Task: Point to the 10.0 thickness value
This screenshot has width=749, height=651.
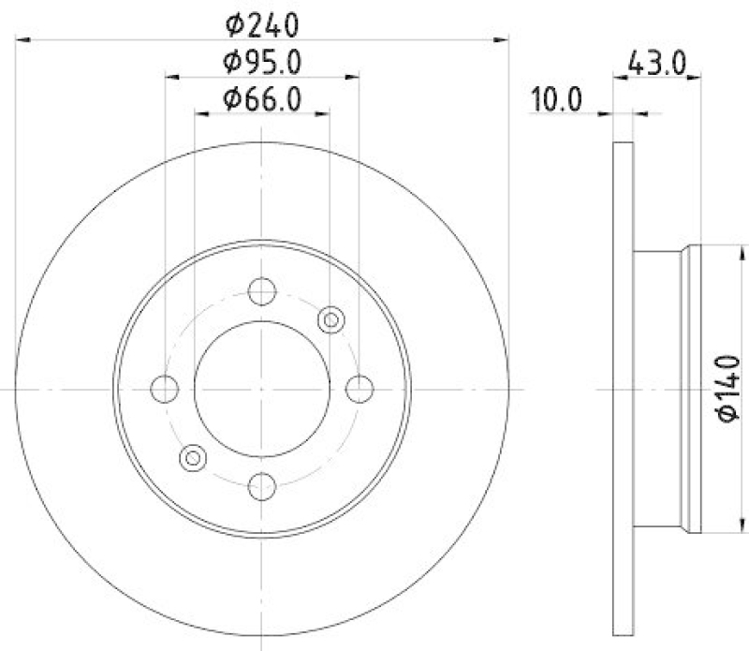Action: [x=556, y=97]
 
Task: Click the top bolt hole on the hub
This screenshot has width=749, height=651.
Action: [x=262, y=290]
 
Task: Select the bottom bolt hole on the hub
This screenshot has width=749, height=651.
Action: [x=262, y=485]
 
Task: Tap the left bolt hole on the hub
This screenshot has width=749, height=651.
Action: [x=165, y=388]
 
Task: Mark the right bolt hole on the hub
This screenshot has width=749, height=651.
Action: [x=360, y=388]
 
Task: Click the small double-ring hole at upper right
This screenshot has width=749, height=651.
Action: [x=330, y=319]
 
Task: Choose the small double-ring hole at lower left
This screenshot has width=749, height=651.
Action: [x=194, y=457]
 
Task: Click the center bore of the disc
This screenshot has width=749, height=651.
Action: [x=262, y=388]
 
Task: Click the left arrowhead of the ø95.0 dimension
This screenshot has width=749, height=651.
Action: [x=171, y=78]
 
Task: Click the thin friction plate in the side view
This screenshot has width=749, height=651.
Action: [x=624, y=388]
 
